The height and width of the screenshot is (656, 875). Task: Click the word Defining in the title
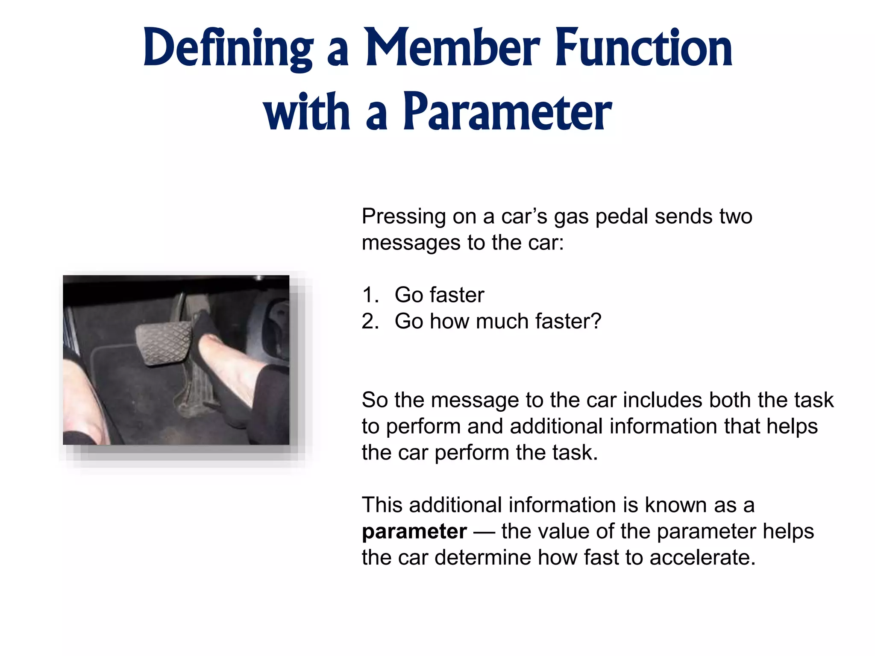coord(228,48)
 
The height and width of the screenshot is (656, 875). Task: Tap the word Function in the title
coord(643,48)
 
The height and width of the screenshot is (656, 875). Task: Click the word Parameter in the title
coord(507,112)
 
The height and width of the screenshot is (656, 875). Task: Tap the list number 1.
coord(368,295)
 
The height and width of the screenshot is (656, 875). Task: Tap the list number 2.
coord(369,322)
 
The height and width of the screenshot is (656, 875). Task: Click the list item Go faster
coord(439,295)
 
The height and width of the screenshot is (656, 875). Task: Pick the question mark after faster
coord(596,321)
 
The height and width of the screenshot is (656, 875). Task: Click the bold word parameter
coord(414,532)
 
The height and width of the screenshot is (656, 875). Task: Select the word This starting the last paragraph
coord(382,505)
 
